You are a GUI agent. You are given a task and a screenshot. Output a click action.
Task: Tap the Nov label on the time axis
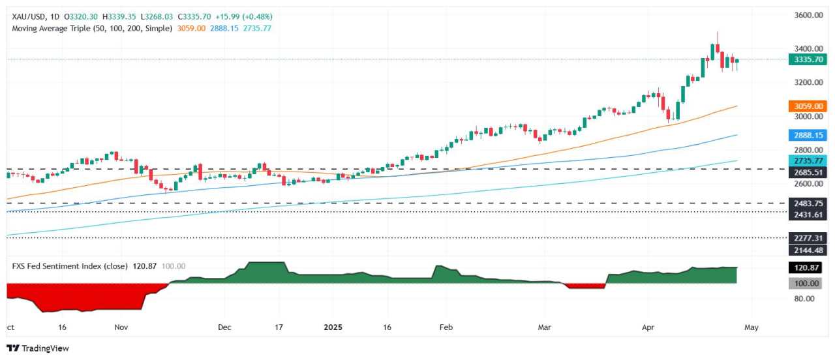(x=121, y=327)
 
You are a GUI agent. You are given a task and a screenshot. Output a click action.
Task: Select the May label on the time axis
(x=751, y=327)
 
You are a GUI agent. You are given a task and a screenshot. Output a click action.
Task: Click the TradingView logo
(x=38, y=348)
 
